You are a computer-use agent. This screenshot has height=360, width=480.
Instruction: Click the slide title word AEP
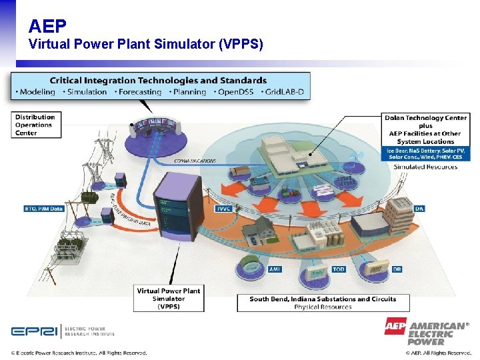[x=47, y=26]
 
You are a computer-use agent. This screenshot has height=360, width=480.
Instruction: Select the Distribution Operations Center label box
[x=35, y=125]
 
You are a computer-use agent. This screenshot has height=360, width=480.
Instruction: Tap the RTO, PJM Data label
[x=43, y=209]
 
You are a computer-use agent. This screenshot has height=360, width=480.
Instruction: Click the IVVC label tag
[x=224, y=209]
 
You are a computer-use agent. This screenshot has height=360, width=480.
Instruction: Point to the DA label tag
[x=419, y=209]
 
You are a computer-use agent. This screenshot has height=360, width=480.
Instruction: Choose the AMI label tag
[x=275, y=269]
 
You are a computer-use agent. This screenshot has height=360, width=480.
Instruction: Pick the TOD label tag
[x=339, y=269]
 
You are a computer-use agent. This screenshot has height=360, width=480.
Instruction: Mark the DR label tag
[x=397, y=269]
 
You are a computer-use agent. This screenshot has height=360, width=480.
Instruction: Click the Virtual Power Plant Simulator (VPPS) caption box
[x=168, y=299]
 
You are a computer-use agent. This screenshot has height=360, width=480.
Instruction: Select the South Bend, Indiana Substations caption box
[x=323, y=303]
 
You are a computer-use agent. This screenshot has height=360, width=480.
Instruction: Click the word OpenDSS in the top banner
[x=236, y=92]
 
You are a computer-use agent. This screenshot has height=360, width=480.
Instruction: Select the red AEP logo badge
[x=395, y=327]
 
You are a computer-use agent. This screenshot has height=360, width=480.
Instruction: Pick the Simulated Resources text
[x=425, y=167]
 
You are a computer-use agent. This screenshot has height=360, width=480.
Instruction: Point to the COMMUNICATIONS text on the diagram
[x=195, y=161]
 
